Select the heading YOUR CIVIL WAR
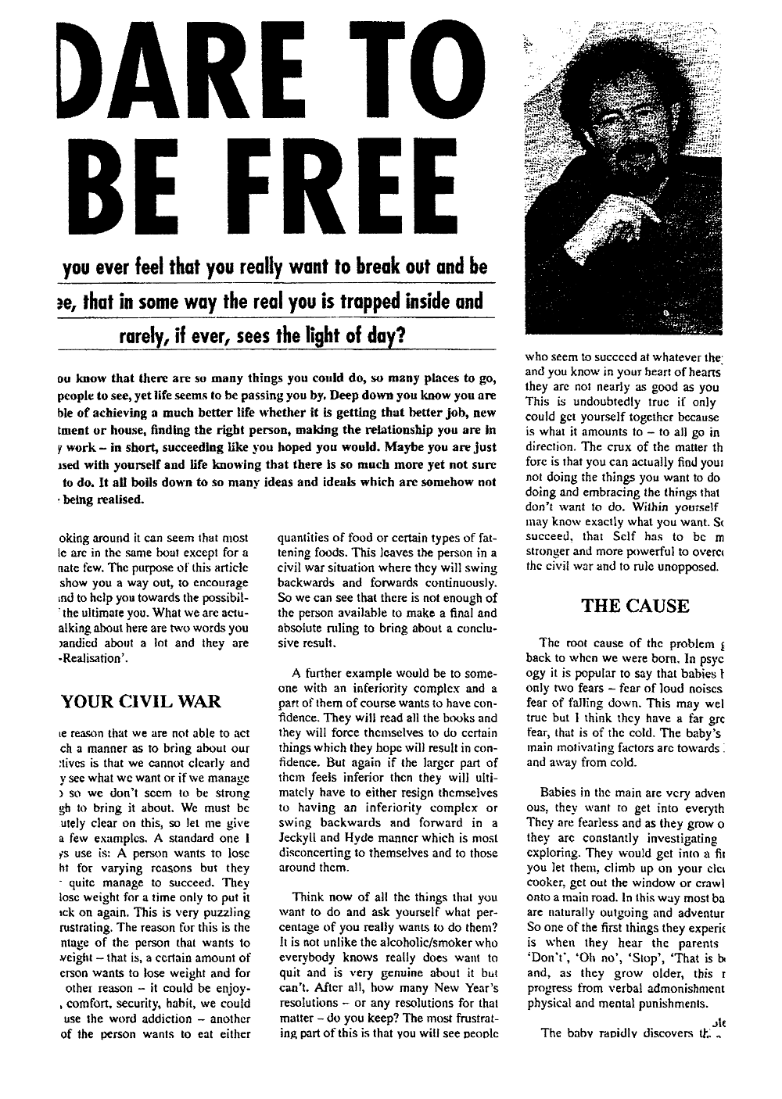(x=141, y=701)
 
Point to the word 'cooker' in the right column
(x=547, y=883)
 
